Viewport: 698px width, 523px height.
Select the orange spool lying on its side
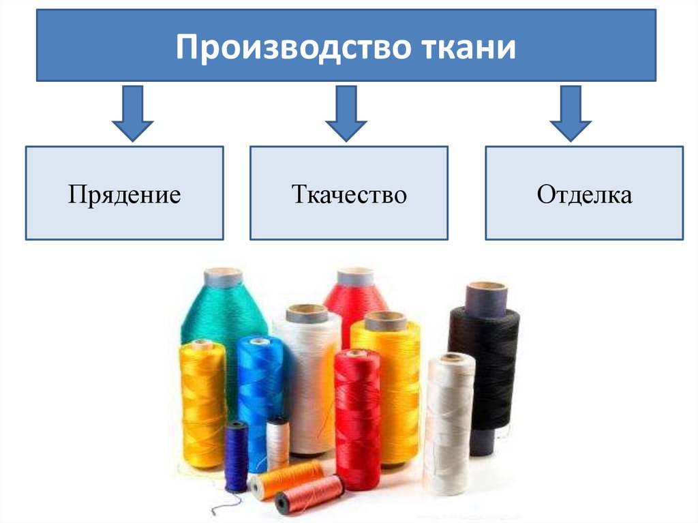290,478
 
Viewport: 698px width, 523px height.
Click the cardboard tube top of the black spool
487,298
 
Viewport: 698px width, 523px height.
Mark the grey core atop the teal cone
223,277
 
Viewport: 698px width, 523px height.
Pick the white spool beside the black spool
448,423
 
